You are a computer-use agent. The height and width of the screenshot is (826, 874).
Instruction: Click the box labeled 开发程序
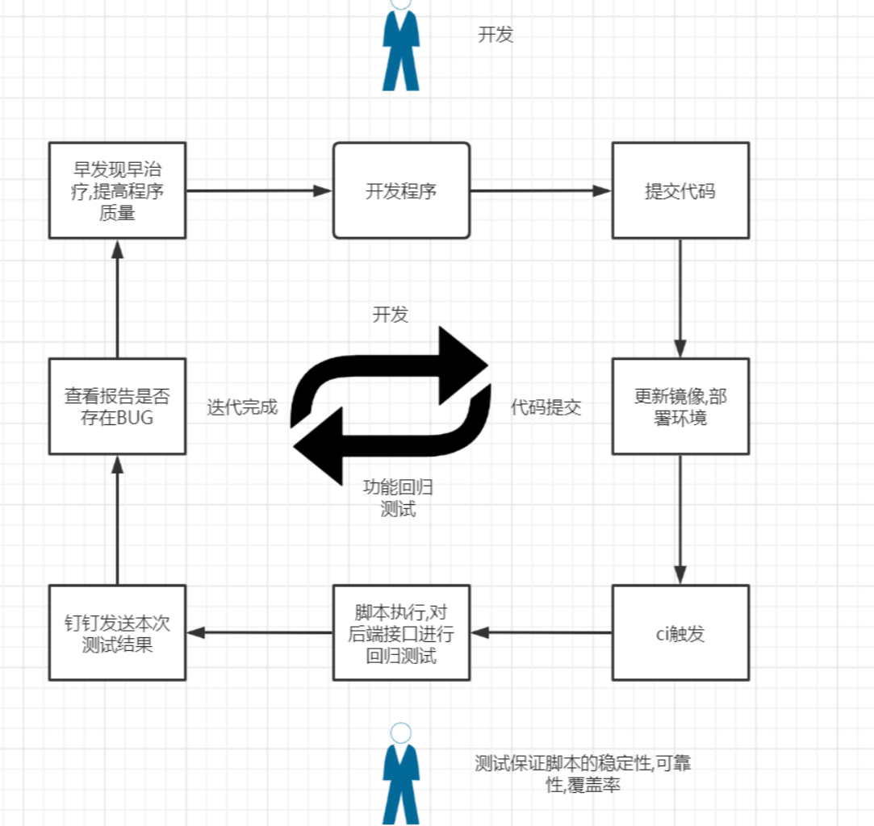pos(401,190)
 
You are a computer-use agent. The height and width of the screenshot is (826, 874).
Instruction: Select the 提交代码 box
pos(680,190)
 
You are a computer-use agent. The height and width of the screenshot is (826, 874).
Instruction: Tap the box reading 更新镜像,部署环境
pos(680,407)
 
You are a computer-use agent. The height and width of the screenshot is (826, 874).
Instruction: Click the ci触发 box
pos(680,632)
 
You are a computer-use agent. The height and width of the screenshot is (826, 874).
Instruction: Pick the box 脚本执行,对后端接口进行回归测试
pos(401,632)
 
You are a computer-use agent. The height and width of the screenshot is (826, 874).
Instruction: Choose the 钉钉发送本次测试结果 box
pos(117,632)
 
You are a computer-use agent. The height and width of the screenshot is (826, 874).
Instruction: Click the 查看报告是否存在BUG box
pos(117,407)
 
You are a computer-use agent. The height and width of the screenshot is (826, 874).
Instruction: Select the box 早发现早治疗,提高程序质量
pos(117,190)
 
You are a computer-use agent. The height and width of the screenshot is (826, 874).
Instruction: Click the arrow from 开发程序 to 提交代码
pos(541,191)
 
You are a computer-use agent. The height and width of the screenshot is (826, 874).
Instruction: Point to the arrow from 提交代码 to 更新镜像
pos(680,298)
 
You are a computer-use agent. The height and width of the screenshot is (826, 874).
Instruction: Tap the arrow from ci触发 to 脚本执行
pos(541,632)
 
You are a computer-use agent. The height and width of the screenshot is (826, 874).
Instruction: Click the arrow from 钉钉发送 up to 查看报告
pos(118,519)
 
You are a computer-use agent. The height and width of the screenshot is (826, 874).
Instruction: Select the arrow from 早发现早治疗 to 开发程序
pos(259,191)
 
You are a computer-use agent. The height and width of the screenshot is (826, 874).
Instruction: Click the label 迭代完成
pos(242,407)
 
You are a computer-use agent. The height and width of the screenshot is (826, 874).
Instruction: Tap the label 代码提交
pos(546,407)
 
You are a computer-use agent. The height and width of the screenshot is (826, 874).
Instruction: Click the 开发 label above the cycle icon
pos(390,315)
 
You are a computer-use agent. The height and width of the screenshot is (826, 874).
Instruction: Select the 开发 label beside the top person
pos(496,35)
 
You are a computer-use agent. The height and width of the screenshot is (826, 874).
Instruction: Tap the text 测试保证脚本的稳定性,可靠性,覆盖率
pos(583,774)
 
